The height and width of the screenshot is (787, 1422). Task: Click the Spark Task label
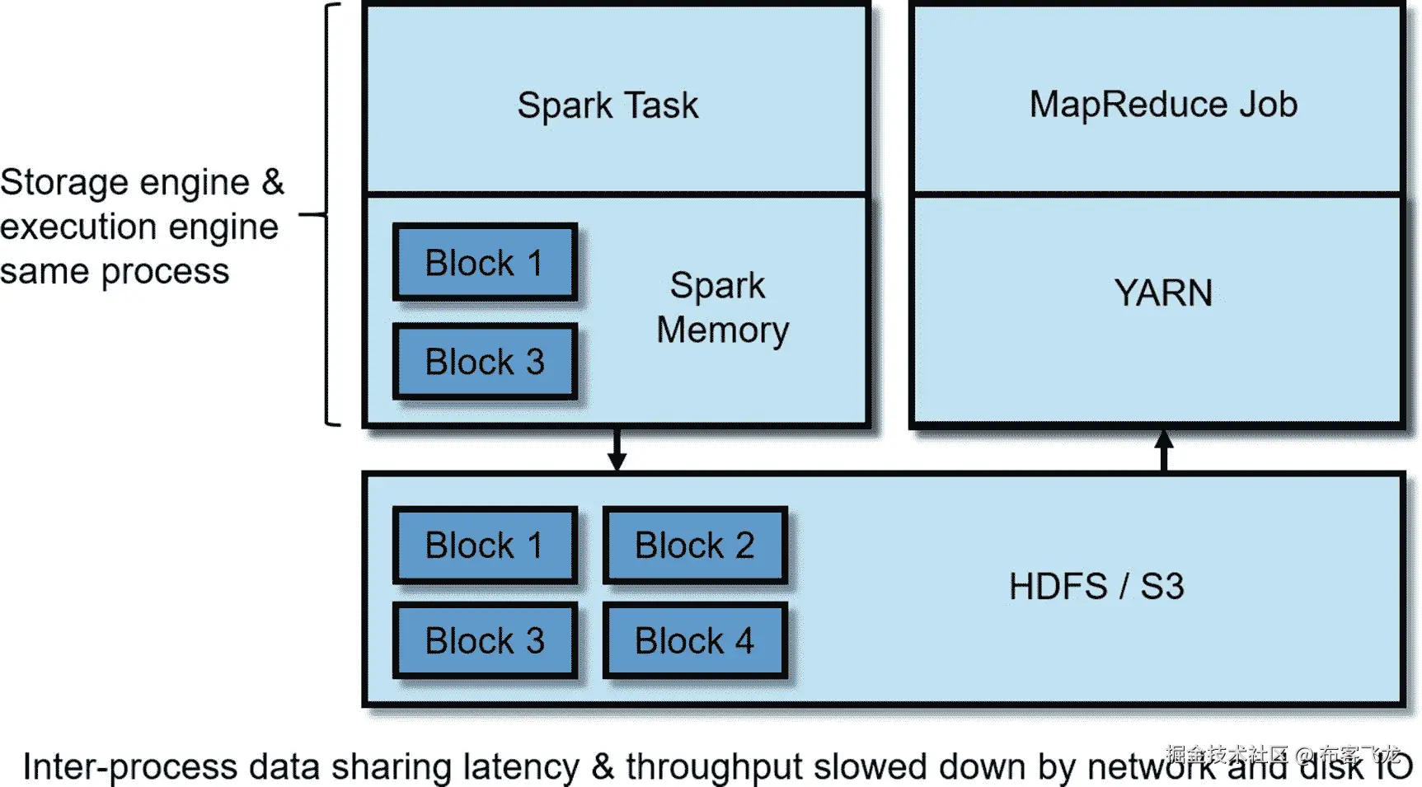pyautogui.click(x=608, y=105)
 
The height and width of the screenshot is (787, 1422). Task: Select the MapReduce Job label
pyautogui.click(x=1163, y=105)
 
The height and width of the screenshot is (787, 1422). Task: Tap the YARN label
pyautogui.click(x=1163, y=293)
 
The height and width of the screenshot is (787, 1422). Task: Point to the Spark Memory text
pyautogui.click(x=721, y=307)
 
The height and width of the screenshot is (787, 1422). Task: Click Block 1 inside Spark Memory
pyautogui.click(x=485, y=263)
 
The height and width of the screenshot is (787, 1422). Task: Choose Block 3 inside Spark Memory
pyautogui.click(x=485, y=362)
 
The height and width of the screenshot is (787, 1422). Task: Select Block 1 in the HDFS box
pyautogui.click(x=485, y=546)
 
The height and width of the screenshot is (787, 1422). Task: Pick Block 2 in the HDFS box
pyautogui.click(x=695, y=546)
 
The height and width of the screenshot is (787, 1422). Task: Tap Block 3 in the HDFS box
pyautogui.click(x=485, y=641)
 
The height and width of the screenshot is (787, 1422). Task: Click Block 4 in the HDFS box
pyautogui.click(x=695, y=641)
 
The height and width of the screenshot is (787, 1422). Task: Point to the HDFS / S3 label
pyautogui.click(x=1096, y=587)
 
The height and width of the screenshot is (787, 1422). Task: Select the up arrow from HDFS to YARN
pyautogui.click(x=1164, y=449)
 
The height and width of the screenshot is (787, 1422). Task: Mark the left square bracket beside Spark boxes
pyautogui.click(x=330, y=214)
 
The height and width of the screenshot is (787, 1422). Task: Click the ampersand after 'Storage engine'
pyautogui.click(x=273, y=182)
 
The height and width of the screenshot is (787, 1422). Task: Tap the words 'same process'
pyautogui.click(x=115, y=271)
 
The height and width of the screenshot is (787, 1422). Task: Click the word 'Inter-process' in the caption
pyautogui.click(x=129, y=767)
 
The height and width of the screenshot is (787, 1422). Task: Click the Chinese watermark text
pyautogui.click(x=1282, y=753)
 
